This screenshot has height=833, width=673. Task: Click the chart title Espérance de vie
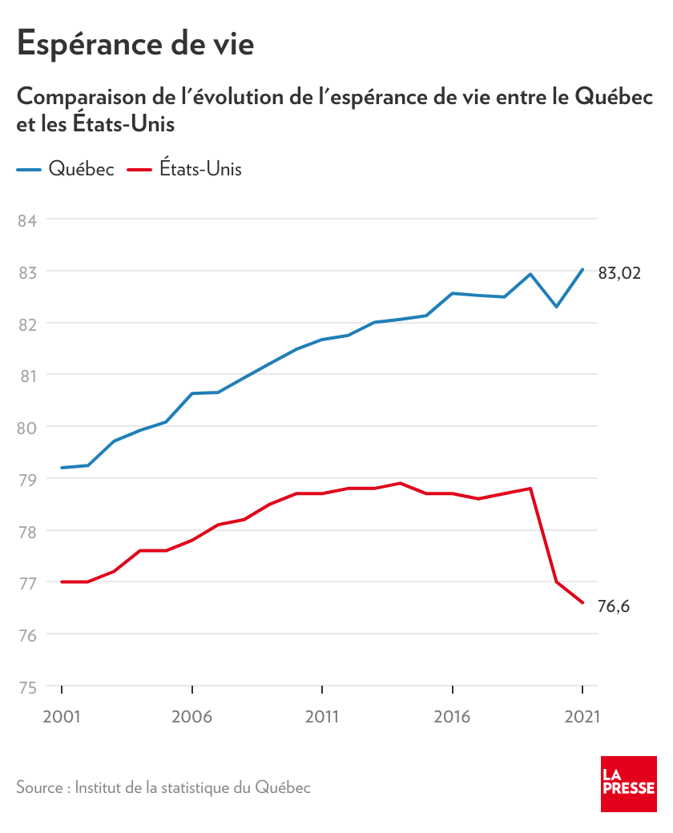coord(135,43)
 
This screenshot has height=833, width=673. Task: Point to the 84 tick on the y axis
coord(28,219)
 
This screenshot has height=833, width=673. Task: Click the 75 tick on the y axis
coord(28,686)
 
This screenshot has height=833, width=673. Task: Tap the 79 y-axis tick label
coord(28,479)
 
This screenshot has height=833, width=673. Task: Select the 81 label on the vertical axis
coord(28,375)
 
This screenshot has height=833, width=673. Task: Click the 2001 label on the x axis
coord(62,716)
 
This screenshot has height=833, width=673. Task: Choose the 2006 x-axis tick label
coord(192,716)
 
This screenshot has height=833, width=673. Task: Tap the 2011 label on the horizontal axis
coord(322,716)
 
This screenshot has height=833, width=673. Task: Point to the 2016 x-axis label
coord(453,716)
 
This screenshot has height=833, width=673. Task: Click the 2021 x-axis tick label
coord(582,716)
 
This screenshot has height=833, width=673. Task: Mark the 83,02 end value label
coord(619,274)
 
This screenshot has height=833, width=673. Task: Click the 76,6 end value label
coord(614,606)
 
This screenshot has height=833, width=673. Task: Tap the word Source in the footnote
coord(39,787)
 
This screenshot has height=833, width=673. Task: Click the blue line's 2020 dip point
coord(556,307)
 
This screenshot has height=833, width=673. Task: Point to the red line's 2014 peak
coord(400,483)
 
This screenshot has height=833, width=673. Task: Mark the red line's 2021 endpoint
coord(582,602)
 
